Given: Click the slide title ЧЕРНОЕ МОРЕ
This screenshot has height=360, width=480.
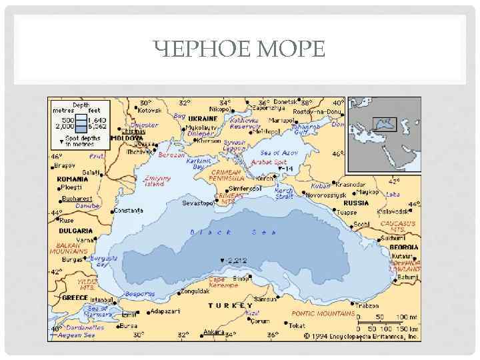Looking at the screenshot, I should pos(239,49).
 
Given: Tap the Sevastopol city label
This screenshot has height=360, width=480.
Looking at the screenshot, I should pos(196,202).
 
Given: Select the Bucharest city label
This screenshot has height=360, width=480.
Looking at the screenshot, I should pos(77,199).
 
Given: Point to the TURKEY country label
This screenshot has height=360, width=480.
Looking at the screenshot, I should pos(231,305).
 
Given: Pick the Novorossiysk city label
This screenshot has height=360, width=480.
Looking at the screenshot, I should pos(327,195).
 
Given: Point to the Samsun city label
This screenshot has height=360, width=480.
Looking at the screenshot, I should pos(265,299).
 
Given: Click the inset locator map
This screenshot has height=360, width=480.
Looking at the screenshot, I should pos(383,134).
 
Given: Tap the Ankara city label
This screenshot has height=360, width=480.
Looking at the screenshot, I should pos(214,331).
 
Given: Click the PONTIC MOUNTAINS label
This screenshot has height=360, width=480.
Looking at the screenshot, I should pos(323,313).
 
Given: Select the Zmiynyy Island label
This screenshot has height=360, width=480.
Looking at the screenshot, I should pos(157,181).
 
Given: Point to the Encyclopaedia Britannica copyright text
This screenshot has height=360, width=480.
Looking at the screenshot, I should pos(363,337).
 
